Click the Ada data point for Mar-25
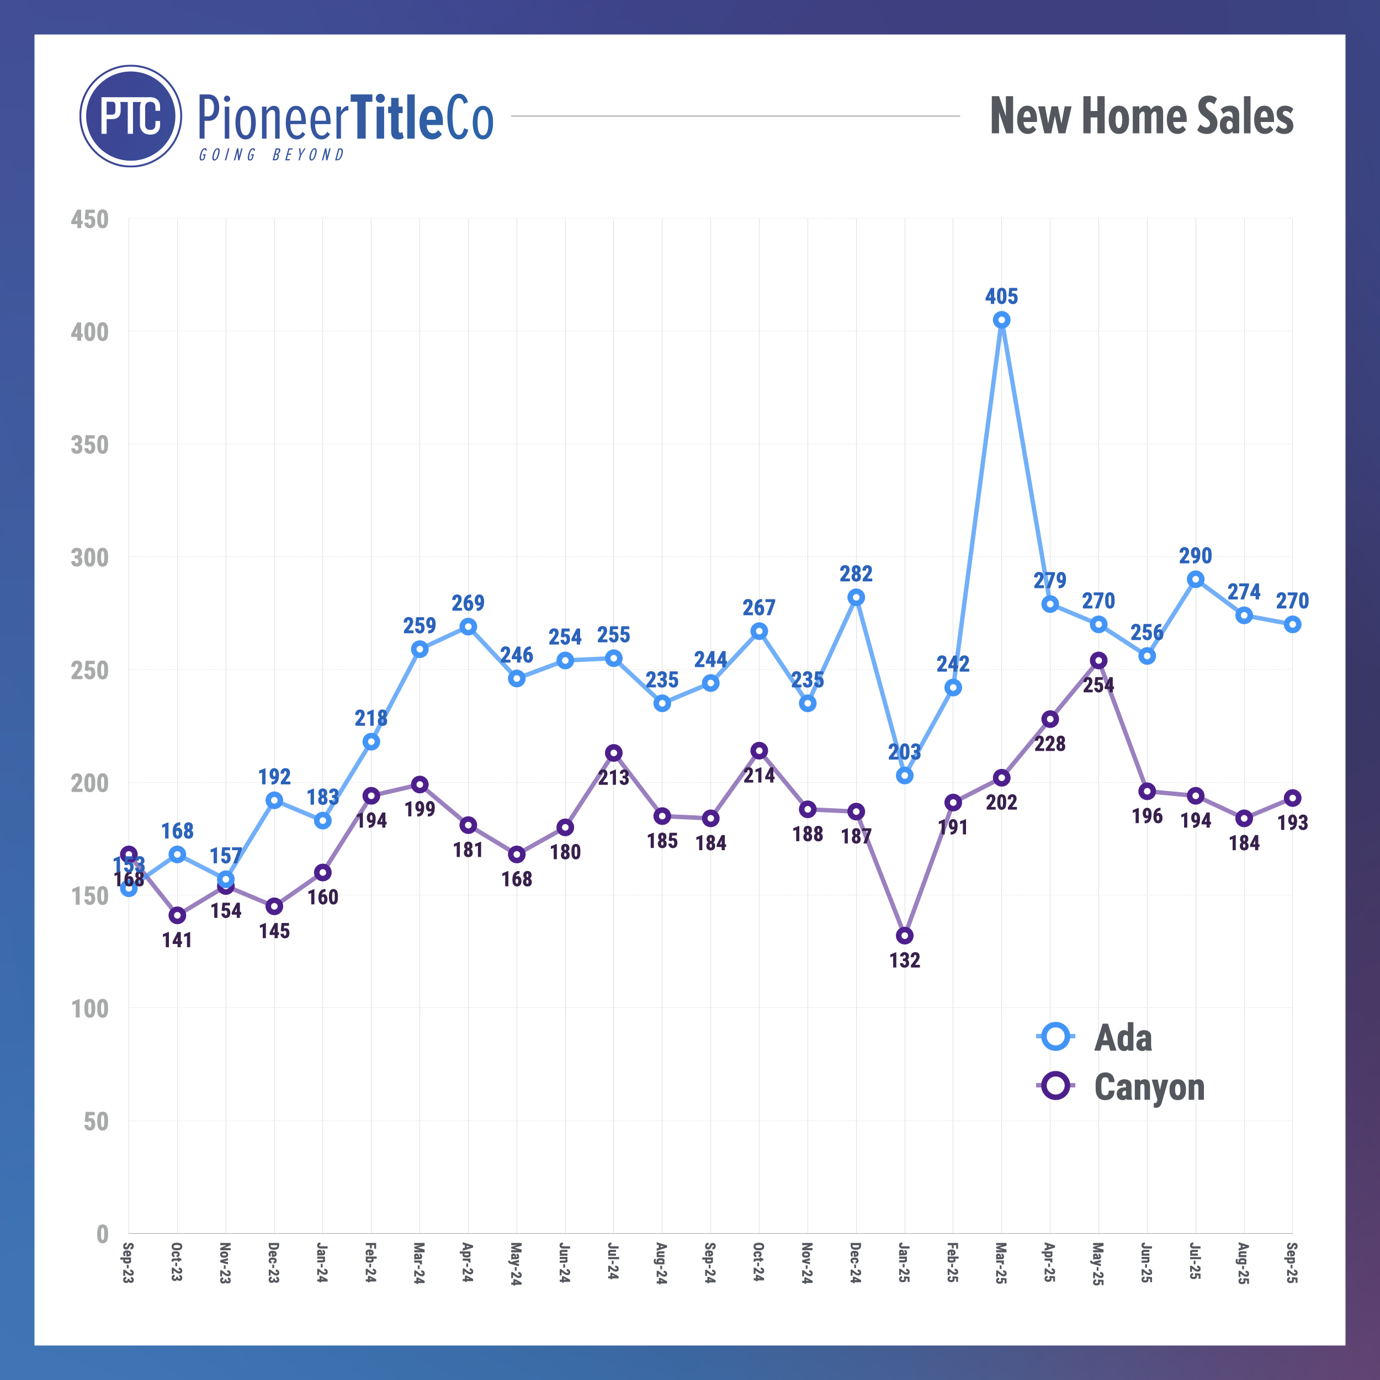pyautogui.click(x=1001, y=320)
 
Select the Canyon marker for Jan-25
pyautogui.click(x=904, y=936)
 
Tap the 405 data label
pyautogui.click(x=1001, y=296)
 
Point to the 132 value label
pyautogui.click(x=904, y=960)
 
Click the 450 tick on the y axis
pyautogui.click(x=90, y=219)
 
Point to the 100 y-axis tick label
pyautogui.click(x=90, y=1009)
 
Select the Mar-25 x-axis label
pyautogui.click(x=1001, y=1263)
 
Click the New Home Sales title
pyautogui.click(x=1142, y=116)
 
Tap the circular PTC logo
pyautogui.click(x=131, y=116)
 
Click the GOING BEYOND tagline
pyautogui.click(x=272, y=155)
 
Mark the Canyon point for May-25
pyautogui.click(x=1098, y=661)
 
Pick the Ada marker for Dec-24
pyautogui.click(x=856, y=597)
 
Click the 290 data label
pyautogui.click(x=1195, y=556)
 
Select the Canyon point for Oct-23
pyautogui.click(x=177, y=916)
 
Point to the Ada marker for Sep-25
pyautogui.click(x=1292, y=624)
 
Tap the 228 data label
pyautogui.click(x=1050, y=744)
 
